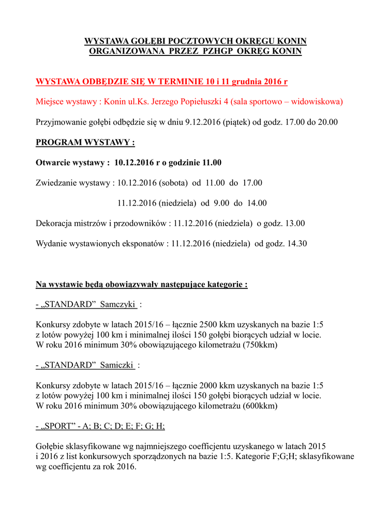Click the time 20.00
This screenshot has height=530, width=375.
coord(327,122)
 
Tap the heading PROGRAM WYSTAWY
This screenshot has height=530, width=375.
coord(85,142)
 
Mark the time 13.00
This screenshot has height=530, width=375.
coord(294,224)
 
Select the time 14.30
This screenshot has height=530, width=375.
coord(296,243)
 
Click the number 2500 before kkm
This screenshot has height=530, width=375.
coord(208,326)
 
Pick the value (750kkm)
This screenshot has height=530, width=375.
coord(260,345)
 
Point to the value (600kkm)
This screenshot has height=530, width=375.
coord(260,406)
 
